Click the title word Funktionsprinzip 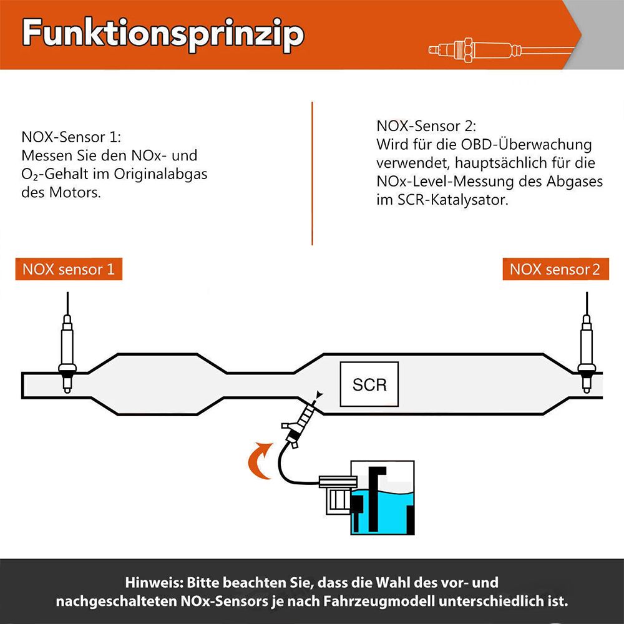pyautogui.click(x=163, y=34)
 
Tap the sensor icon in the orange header pyautogui.click(x=502, y=51)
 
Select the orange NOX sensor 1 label pyautogui.click(x=69, y=269)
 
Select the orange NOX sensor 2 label pyautogui.click(x=555, y=269)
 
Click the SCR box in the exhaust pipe pyautogui.click(x=369, y=384)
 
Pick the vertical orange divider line pyautogui.click(x=313, y=173)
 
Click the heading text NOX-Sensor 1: pyautogui.click(x=71, y=137)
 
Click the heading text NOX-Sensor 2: pyautogui.click(x=426, y=126)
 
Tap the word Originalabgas pyautogui.click(x=161, y=174)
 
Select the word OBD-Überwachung pyautogui.click(x=526, y=145)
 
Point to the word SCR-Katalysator pyautogui.click(x=453, y=200)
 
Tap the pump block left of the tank pyautogui.click(x=338, y=495)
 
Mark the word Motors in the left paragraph pyautogui.click(x=75, y=193)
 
